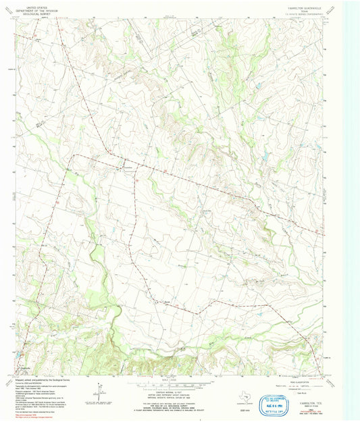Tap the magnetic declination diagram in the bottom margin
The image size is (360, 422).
100,390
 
